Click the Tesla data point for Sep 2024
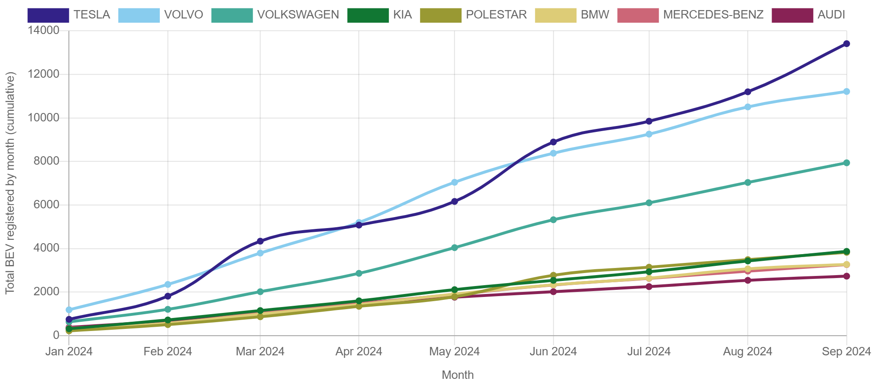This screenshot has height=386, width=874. point(846,44)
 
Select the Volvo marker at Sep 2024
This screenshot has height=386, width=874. point(846,91)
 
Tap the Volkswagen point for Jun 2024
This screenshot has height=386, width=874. point(553,220)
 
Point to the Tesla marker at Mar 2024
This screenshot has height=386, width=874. point(260,241)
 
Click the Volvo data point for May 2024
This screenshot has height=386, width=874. point(454,182)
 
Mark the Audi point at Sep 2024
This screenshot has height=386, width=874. point(846,276)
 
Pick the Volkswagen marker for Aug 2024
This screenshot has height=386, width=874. point(747,182)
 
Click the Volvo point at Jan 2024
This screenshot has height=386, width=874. point(69,310)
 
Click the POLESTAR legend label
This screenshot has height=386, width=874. point(496,15)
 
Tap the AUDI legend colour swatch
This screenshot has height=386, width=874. point(792,16)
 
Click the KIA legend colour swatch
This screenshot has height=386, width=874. point(368,16)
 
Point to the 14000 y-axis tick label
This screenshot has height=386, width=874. point(44,30)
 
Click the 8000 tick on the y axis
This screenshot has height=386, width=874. point(44,161)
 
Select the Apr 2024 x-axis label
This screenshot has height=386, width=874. point(359,351)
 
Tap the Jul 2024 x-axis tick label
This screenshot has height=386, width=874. point(649,351)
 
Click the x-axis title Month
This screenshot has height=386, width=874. point(457,375)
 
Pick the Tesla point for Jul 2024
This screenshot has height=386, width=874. point(649,121)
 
